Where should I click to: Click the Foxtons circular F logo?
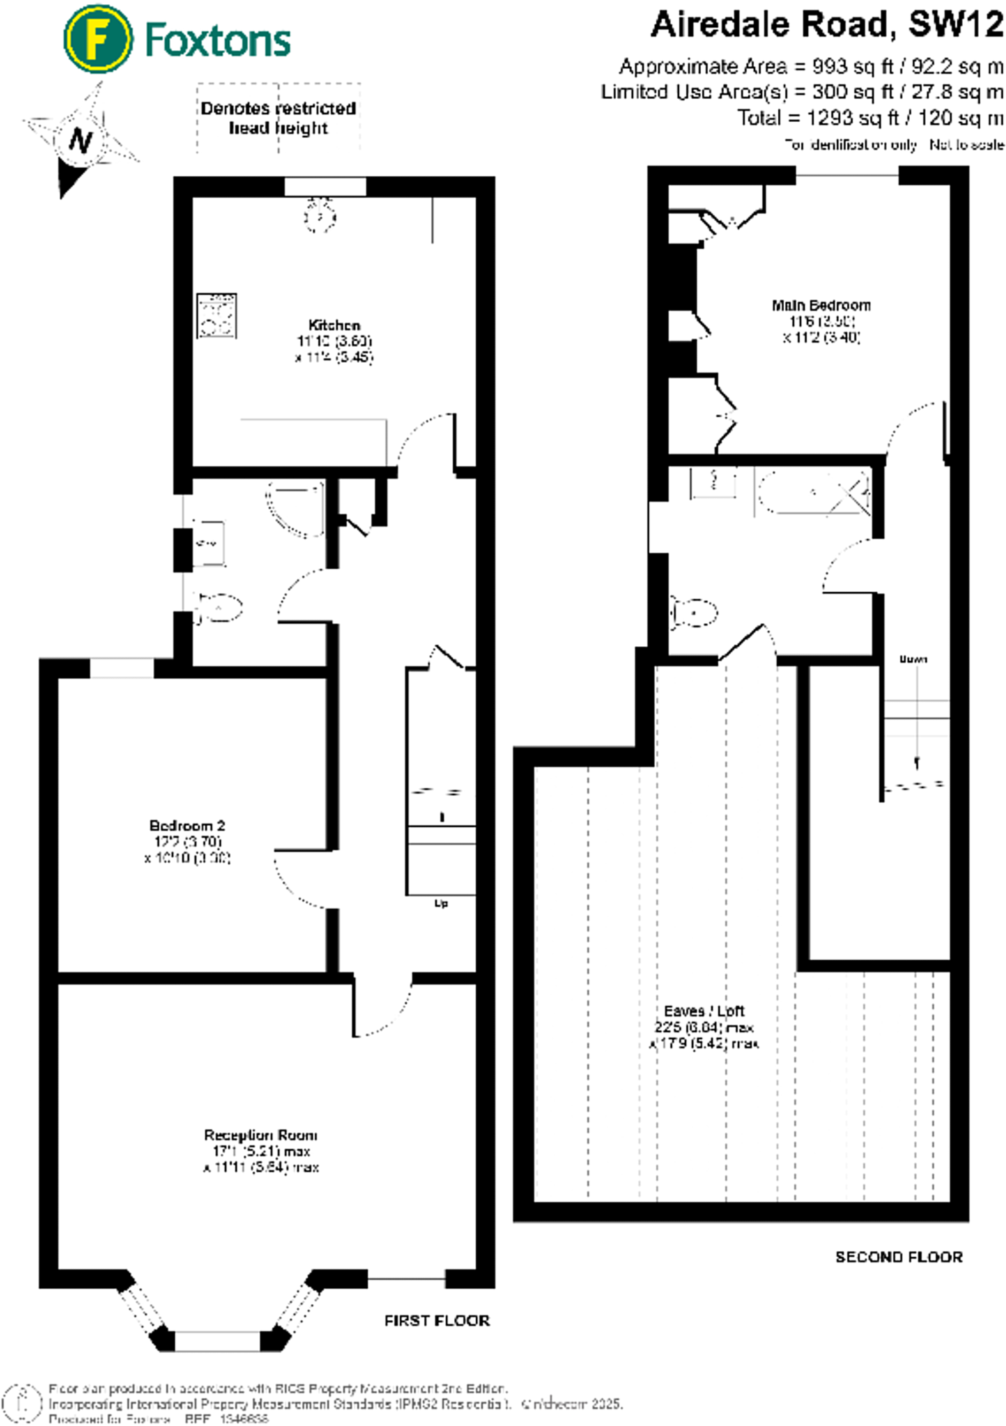pyautogui.click(x=97, y=38)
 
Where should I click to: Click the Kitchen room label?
pyautogui.click(x=334, y=325)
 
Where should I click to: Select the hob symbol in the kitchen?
pyautogui.click(x=217, y=315)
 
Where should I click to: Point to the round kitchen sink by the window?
pyautogui.click(x=320, y=217)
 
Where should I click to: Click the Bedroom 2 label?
pyautogui.click(x=187, y=825)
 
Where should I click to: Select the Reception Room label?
pyautogui.click(x=261, y=1135)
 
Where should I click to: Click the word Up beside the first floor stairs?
pyautogui.click(x=441, y=903)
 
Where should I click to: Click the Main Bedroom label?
pyautogui.click(x=821, y=305)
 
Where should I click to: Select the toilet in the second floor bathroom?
pyautogui.click(x=695, y=613)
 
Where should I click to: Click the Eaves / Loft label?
pyautogui.click(x=704, y=1010)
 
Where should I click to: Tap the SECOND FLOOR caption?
pyautogui.click(x=898, y=1257)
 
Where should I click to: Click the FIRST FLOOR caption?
pyautogui.click(x=437, y=1320)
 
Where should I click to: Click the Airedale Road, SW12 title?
pyautogui.click(x=826, y=26)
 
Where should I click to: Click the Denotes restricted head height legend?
pyautogui.click(x=278, y=118)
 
